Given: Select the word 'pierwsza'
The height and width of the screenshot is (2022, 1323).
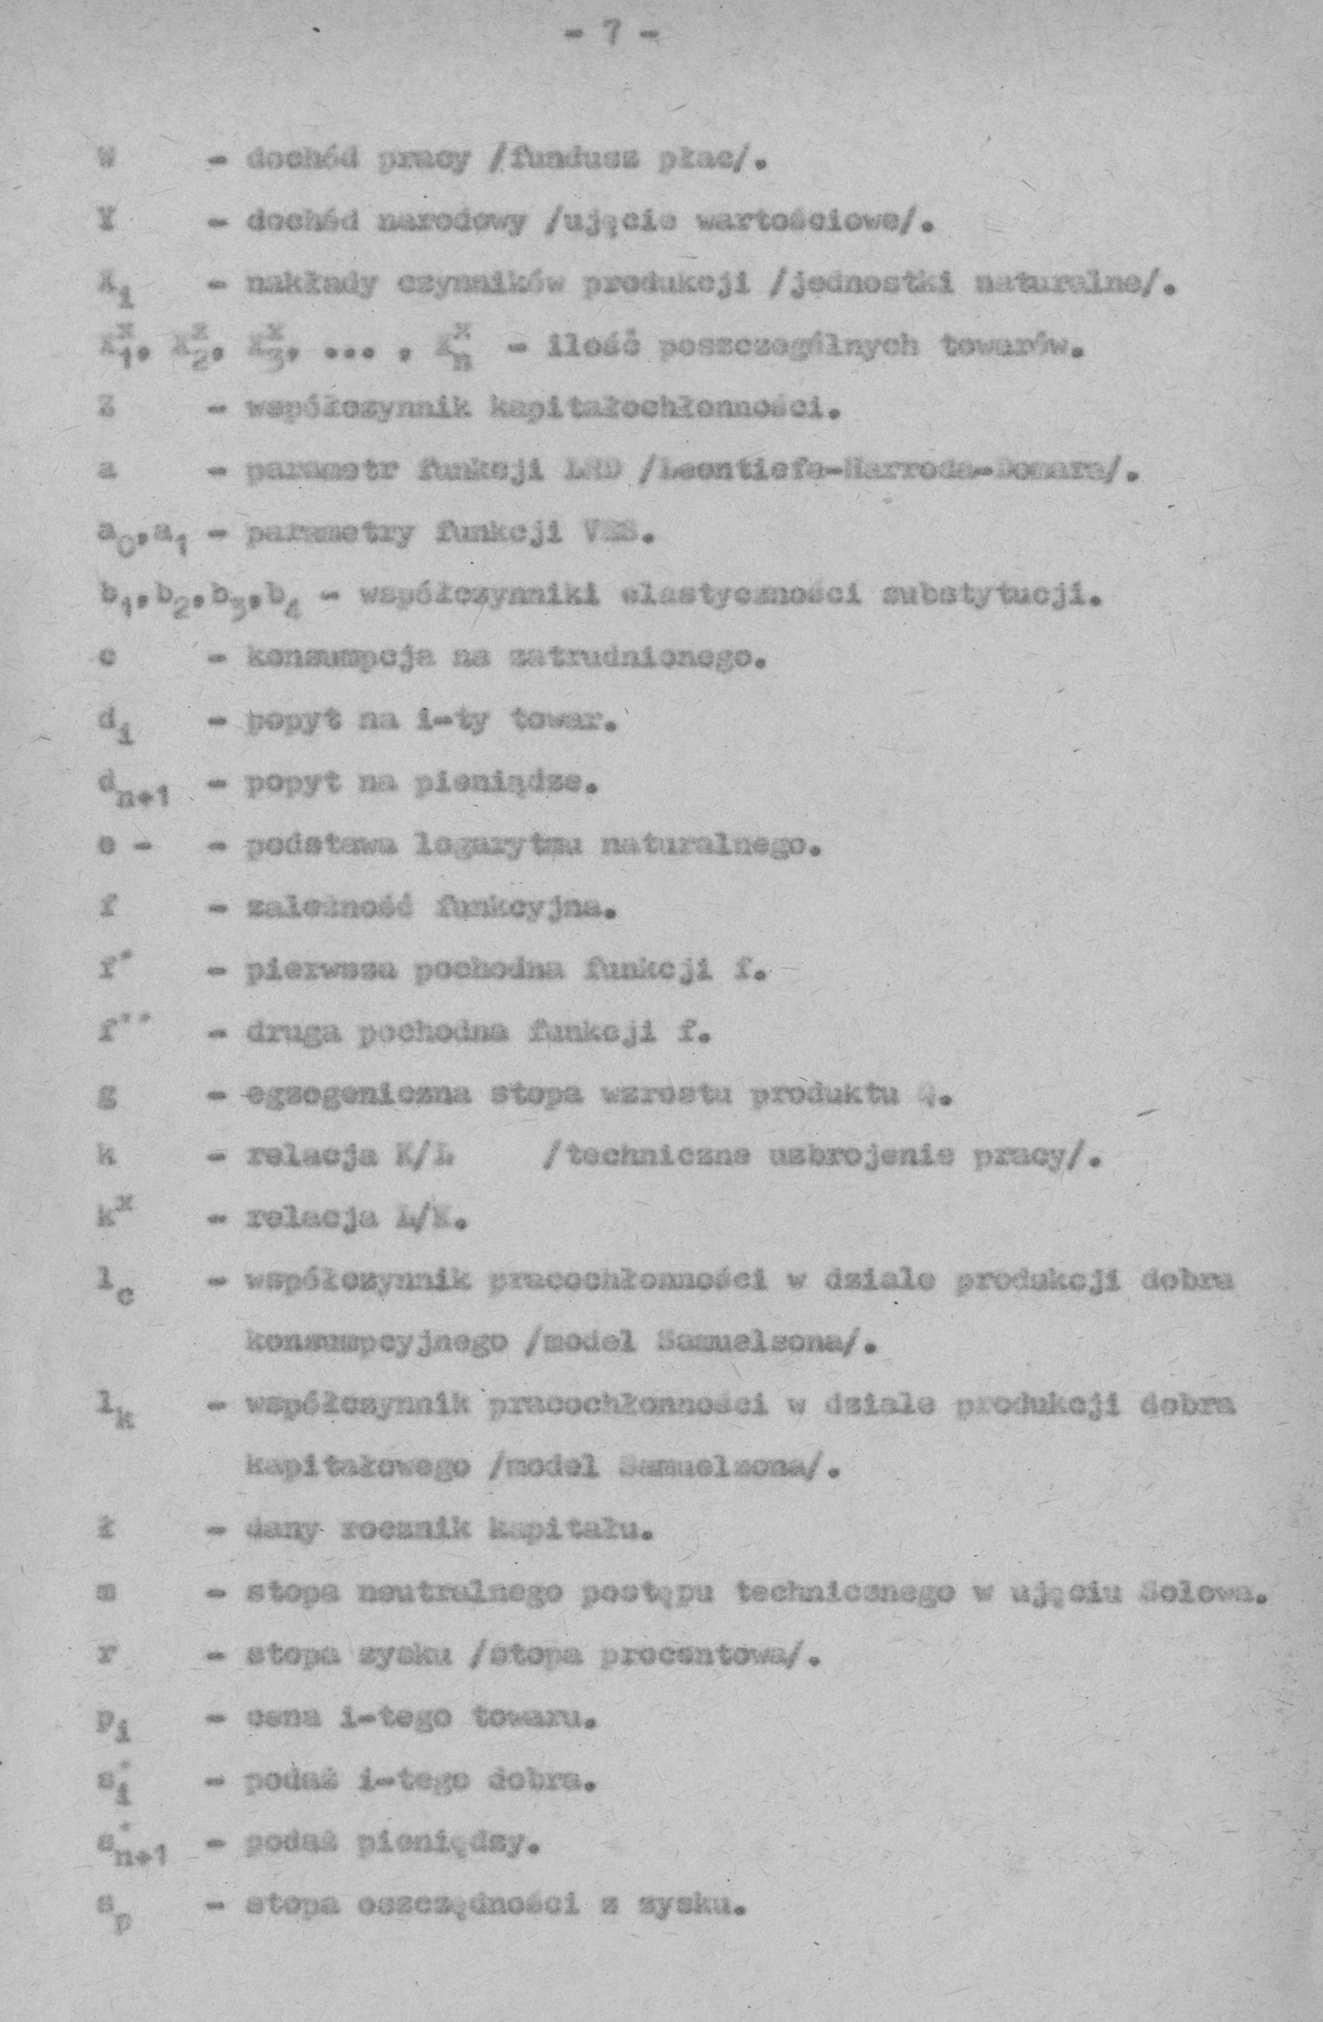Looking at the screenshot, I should (x=301, y=970).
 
